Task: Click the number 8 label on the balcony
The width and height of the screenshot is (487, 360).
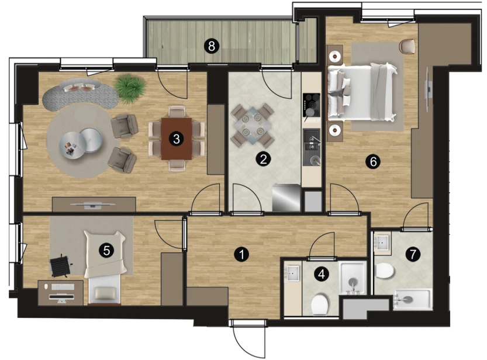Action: coord(212,47)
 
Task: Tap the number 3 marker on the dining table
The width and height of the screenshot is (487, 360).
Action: coord(176,139)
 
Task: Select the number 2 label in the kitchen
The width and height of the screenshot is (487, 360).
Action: coord(263,160)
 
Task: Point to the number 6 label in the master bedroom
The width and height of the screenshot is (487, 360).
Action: coord(373,161)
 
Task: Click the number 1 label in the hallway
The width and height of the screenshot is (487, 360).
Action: coord(241,255)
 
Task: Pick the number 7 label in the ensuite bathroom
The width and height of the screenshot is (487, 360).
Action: coord(413,254)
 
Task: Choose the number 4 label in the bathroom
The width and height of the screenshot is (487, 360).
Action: coord(322,274)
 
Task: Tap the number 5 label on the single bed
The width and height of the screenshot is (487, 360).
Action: coord(106,251)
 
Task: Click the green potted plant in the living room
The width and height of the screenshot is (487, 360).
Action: coord(130,88)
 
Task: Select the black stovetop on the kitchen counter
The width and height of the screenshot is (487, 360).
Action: coord(312,105)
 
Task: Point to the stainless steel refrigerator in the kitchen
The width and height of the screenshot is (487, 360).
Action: coord(286,198)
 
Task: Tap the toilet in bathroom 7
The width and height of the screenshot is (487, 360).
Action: coord(385,271)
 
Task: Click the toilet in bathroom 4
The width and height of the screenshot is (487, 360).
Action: coord(320,304)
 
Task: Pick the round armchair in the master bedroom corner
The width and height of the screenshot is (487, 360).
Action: coord(407,47)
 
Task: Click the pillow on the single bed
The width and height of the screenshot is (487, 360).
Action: coord(104,293)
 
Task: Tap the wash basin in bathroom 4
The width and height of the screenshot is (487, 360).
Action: coord(293,274)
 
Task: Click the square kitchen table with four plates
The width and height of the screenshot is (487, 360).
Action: coord(253,126)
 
